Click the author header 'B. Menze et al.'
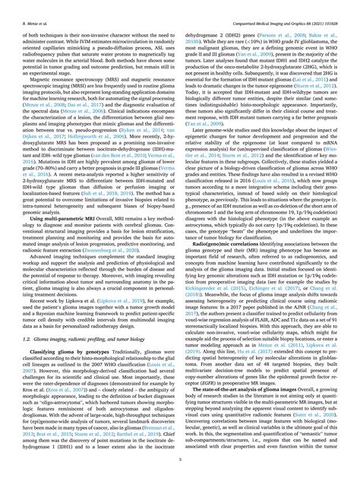[27, 8]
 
